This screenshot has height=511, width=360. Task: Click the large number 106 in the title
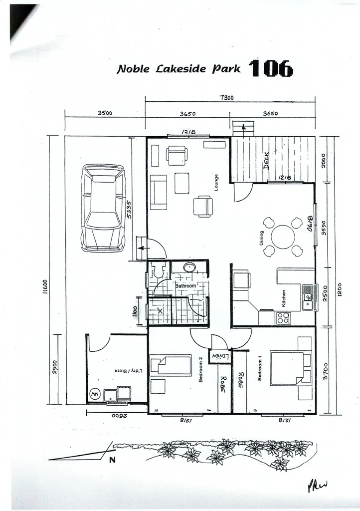pos(271,68)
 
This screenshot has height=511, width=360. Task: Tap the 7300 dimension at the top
pos(226,98)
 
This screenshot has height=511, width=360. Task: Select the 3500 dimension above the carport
pos(105,113)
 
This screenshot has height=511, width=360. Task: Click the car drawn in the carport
pos(103,208)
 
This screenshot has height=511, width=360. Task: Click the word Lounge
pos(216,183)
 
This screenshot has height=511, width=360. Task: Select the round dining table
pos(283,237)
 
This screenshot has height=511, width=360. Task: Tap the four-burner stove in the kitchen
pos(283,317)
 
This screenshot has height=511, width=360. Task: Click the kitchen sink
pos(307,297)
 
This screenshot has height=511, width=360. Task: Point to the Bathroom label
pos(185,286)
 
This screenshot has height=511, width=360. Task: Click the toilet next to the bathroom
pos(159,270)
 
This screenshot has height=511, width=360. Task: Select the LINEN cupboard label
pos(219,356)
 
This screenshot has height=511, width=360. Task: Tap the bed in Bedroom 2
pos(171,365)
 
